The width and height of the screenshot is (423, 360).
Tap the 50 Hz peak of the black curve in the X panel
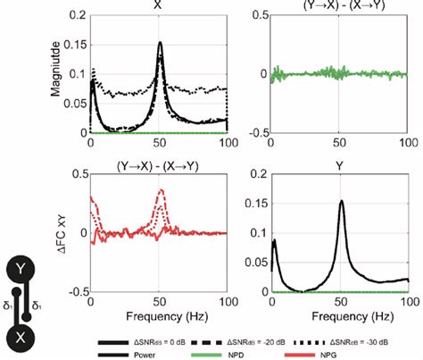[x=161, y=43]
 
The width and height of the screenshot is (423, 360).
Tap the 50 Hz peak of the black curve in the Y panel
[x=341, y=201]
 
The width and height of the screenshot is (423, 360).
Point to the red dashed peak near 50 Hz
[x=161, y=190]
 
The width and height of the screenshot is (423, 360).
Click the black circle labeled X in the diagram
[x=20, y=338]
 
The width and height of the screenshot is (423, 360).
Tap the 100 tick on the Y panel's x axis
[x=407, y=301]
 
